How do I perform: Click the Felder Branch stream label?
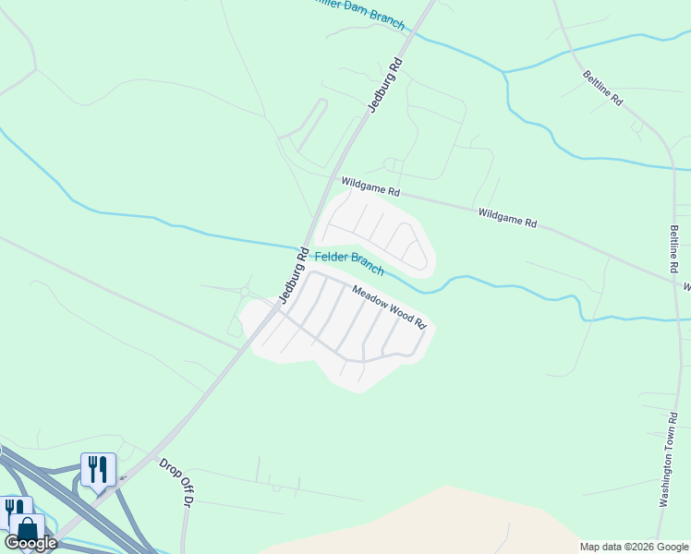349,263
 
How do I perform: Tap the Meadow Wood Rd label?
388,306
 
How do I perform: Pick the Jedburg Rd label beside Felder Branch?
291,274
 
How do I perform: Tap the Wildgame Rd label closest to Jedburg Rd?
370,187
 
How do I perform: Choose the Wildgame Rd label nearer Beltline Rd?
507,217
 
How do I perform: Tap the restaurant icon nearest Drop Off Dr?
98,468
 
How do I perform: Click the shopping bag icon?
27,529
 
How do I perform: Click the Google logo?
30,543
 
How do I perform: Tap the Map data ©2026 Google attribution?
633,547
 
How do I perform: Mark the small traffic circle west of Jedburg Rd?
245,292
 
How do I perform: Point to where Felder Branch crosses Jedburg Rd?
300,247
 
